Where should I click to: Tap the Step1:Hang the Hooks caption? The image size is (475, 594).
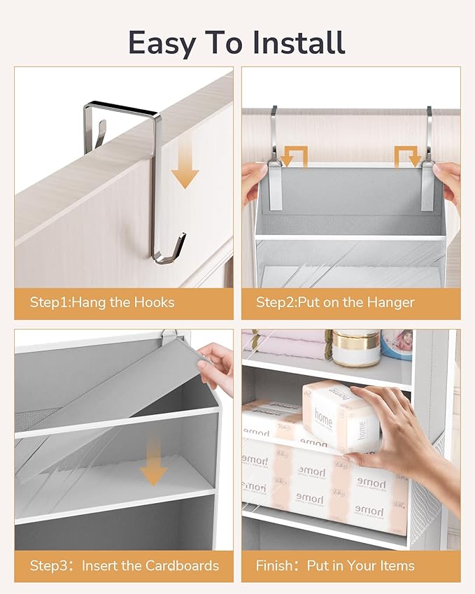click(x=102, y=302)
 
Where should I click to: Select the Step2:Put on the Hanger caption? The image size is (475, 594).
click(x=335, y=302)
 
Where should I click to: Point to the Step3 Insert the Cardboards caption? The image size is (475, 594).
click(x=124, y=565)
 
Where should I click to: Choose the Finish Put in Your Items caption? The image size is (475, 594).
click(x=335, y=565)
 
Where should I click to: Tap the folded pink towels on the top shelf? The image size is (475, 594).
click(x=287, y=344)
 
